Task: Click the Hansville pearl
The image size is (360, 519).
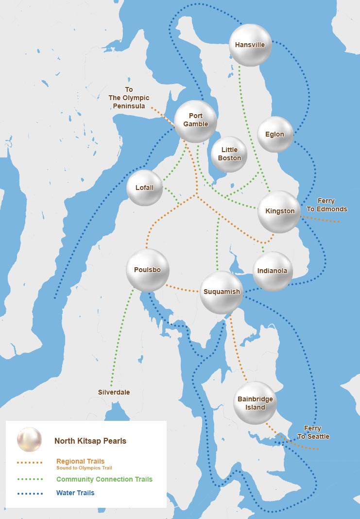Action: (x=250, y=45)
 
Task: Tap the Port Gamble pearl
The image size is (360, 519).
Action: (x=195, y=121)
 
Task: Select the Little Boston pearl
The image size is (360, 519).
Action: (x=229, y=155)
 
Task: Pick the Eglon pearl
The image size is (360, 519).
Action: (x=275, y=135)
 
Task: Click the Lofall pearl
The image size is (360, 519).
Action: (x=144, y=188)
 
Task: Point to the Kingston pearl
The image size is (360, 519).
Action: (x=279, y=211)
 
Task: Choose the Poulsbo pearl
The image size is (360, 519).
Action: (x=147, y=270)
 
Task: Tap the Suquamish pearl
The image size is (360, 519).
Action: (x=221, y=292)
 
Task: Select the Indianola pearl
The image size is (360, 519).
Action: (x=272, y=271)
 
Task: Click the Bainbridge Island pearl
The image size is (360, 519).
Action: (x=255, y=403)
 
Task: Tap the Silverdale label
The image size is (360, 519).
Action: (x=114, y=392)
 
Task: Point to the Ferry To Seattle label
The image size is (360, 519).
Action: (x=313, y=432)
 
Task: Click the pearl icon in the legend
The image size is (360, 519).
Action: (x=29, y=439)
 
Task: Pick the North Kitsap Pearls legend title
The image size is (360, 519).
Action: (x=90, y=441)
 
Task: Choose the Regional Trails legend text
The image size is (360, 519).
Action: (x=80, y=461)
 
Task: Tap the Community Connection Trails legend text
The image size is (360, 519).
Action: (x=104, y=479)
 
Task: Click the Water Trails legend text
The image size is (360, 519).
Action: (x=75, y=493)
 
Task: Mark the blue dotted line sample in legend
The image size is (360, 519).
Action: (x=30, y=493)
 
